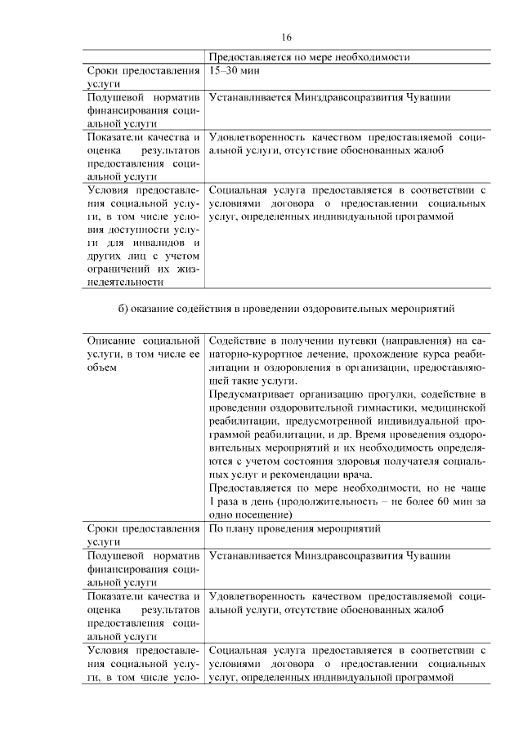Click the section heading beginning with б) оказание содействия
[285, 309]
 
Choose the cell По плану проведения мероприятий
[295, 529]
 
